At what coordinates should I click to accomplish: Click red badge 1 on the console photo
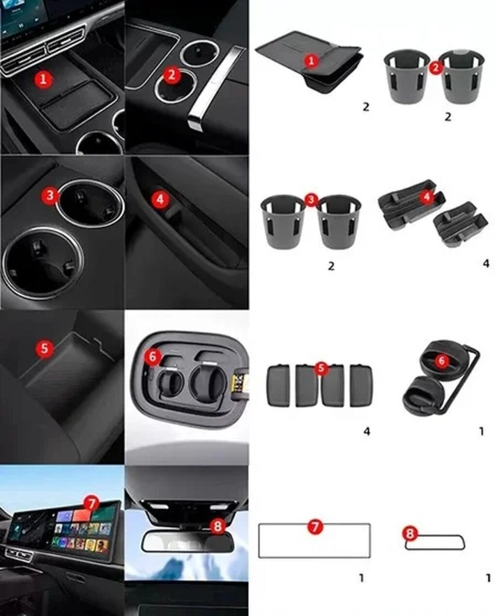click(43, 79)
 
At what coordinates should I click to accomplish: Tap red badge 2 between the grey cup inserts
click(435, 67)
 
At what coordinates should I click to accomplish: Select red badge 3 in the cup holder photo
click(50, 195)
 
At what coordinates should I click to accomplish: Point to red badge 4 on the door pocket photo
click(160, 199)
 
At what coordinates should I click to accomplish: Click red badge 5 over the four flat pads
click(321, 368)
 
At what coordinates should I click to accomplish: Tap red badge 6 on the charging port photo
click(153, 357)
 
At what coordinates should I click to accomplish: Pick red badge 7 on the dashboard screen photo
click(91, 504)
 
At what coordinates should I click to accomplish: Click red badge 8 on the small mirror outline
click(410, 533)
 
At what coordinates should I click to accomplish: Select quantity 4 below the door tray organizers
click(486, 264)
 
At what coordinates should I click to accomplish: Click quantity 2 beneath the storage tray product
click(366, 107)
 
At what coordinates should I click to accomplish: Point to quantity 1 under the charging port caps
click(482, 432)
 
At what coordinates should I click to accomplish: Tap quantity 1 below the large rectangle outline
click(362, 577)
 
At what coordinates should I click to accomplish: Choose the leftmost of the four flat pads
click(279, 385)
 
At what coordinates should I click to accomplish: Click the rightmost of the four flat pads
click(361, 385)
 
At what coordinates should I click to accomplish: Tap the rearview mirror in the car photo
click(188, 541)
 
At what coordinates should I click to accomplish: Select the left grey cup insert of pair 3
click(282, 221)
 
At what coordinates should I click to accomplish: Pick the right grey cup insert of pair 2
click(462, 76)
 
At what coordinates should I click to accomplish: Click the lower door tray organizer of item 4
click(460, 225)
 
